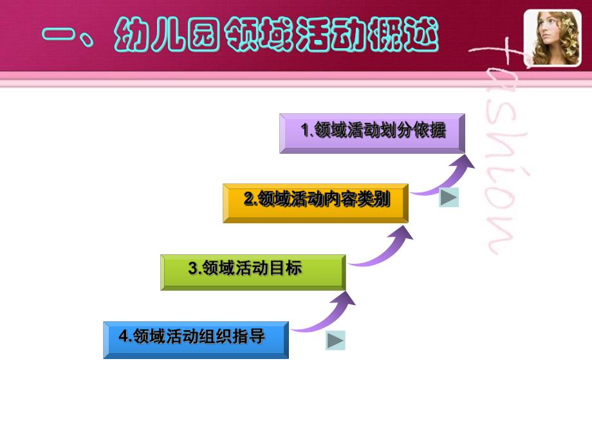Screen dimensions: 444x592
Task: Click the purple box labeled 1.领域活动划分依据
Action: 372,133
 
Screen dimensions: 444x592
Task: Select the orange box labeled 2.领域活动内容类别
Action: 315,203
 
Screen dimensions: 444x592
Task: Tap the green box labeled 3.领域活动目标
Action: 253,272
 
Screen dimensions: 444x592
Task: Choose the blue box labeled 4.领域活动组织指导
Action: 196,339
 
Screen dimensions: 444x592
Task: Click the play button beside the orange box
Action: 449,198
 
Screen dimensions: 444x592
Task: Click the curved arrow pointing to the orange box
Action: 384,246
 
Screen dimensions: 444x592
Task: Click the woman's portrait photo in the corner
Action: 552,38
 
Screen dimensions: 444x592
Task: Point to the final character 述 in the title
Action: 418,34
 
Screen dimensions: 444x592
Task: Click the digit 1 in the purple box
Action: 306,131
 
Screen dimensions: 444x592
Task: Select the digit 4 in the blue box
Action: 122,337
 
